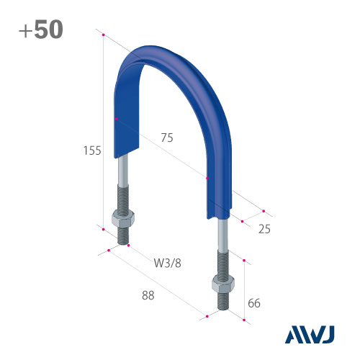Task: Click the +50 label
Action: pos(41,30)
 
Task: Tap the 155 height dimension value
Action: pos(92,150)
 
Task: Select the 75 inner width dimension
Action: pos(167,138)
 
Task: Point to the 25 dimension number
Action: pos(264,229)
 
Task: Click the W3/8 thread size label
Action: pos(168,263)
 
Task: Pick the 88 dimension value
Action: pos(148,295)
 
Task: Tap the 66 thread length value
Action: pos(254,303)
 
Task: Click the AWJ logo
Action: pos(310,335)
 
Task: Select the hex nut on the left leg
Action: pos(123,219)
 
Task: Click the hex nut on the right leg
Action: pos(223,284)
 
